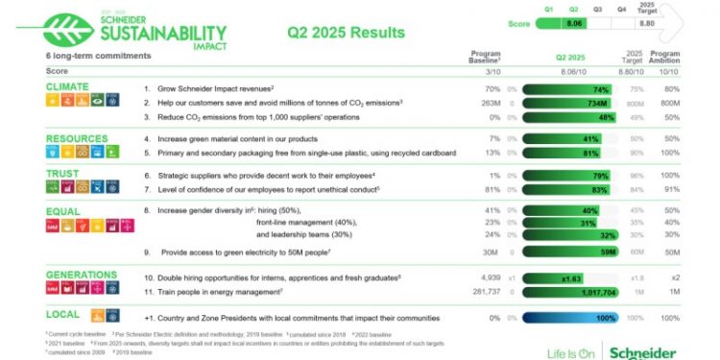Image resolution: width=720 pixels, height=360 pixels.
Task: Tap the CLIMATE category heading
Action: tap(67, 86)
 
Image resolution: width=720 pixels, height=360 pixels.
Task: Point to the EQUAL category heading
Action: tap(63, 209)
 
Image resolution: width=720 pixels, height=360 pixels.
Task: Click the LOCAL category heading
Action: tap(63, 314)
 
